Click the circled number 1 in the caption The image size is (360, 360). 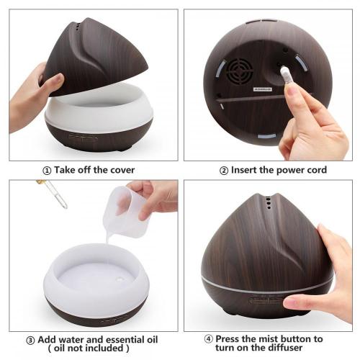point(47,171)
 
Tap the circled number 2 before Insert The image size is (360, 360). point(224,171)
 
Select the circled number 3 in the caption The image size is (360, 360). point(30,341)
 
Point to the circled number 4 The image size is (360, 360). point(208,339)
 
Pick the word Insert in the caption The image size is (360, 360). point(243,170)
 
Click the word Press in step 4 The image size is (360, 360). point(228,339)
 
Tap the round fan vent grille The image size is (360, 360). point(240,71)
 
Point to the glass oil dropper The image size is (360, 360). point(53,194)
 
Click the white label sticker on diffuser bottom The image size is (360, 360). point(263,89)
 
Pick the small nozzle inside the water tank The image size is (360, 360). point(119,279)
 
